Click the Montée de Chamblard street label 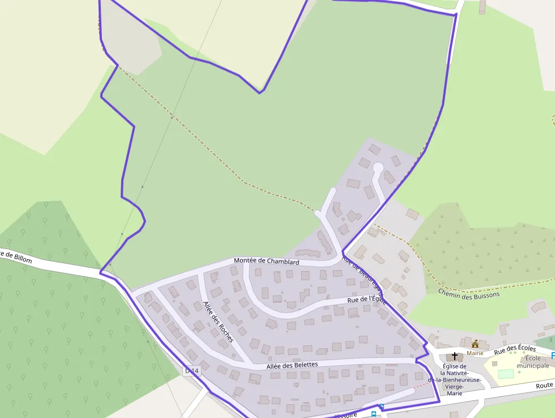(x=266, y=261)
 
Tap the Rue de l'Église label (x=366, y=299)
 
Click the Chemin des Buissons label (x=469, y=293)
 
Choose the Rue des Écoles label (x=515, y=350)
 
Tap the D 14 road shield (x=192, y=371)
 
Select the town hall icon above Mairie (x=475, y=344)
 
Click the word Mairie (x=475, y=353)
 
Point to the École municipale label (x=532, y=362)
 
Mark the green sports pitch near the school (x=506, y=374)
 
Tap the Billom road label (x=17, y=259)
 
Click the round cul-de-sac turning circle (x=378, y=167)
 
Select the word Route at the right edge (x=545, y=386)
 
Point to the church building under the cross (x=455, y=358)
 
